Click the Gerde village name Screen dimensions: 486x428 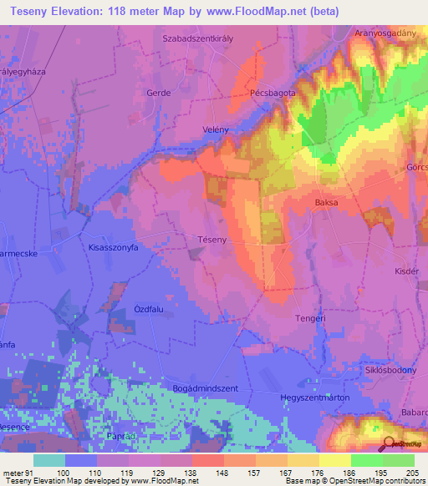coord(158,93)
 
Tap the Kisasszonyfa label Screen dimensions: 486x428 coord(113,248)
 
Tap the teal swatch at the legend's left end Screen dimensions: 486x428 coord(49,460)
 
